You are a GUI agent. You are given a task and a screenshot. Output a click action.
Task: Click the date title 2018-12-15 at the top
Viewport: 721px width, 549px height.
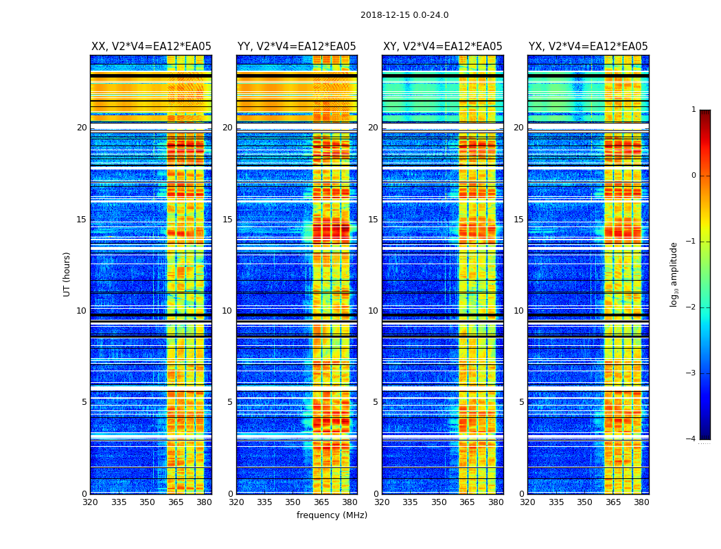[x=404, y=15]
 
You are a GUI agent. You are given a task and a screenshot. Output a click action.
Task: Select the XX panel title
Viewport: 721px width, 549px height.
[x=151, y=47]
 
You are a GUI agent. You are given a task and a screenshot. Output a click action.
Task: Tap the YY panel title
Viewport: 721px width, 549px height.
[x=297, y=47]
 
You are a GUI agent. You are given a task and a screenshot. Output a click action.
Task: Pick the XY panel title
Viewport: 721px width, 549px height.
[x=442, y=47]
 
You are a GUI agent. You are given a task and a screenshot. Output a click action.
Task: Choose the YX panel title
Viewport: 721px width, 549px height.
[x=588, y=47]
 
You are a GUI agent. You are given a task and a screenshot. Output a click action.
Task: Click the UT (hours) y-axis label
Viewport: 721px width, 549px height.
[x=67, y=274]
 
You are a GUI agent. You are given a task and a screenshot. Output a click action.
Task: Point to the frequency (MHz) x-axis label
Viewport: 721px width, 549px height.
[x=332, y=515]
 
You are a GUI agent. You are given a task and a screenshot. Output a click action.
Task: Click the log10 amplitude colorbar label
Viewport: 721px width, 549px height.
[x=674, y=274]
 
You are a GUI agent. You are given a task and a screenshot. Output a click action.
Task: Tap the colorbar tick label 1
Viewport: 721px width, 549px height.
[x=693, y=110]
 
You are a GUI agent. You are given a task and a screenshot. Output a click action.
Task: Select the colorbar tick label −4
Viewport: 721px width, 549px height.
[x=691, y=439]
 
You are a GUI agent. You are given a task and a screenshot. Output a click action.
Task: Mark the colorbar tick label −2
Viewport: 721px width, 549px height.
[x=691, y=307]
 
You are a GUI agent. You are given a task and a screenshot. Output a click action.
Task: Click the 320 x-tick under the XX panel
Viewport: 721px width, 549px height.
[x=90, y=502]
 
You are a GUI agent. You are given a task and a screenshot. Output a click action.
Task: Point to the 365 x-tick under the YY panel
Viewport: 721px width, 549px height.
[x=321, y=502]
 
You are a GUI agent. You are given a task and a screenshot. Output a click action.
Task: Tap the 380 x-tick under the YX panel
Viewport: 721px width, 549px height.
[x=641, y=502]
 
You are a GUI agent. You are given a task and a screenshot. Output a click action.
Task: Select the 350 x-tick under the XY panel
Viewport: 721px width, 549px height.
[x=439, y=502]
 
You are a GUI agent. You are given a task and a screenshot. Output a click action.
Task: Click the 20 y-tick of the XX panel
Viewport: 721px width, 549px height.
[x=82, y=128]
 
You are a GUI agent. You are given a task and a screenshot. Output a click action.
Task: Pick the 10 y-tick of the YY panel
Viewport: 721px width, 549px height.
[x=227, y=311]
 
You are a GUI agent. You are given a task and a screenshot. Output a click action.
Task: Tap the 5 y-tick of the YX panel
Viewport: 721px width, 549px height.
[x=521, y=402]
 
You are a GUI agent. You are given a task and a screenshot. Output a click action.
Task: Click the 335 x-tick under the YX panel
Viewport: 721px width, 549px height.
[x=556, y=502]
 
